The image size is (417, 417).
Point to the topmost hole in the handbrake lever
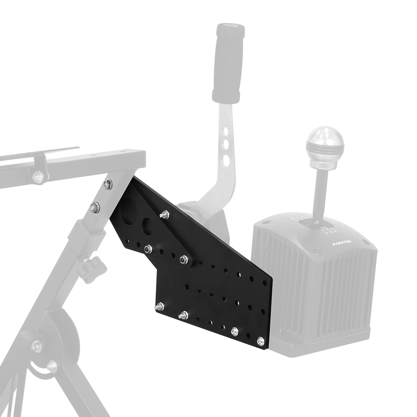(x=225, y=133)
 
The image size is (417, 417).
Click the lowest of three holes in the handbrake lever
(x=225, y=159)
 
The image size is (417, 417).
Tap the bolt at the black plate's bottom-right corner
(x=261, y=342)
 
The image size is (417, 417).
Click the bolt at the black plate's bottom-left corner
(x=159, y=307)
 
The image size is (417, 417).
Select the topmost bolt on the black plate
(x=164, y=215)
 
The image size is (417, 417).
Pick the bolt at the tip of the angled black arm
(x=183, y=260)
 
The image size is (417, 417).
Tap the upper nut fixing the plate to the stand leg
(x=107, y=184)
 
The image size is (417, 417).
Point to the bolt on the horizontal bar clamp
(x=38, y=177)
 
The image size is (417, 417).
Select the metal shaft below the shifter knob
(x=322, y=188)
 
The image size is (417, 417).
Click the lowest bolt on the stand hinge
(x=52, y=367)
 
